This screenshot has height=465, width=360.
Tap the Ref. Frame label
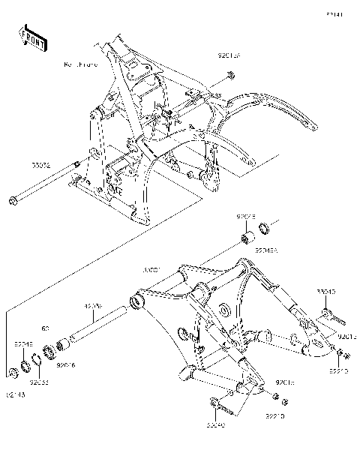[x=82, y=66]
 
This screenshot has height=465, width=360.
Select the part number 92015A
[x=229, y=55]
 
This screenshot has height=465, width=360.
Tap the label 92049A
[x=262, y=252]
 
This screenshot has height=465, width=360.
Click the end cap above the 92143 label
[x=13, y=372]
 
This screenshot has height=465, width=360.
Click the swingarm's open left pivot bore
[x=136, y=302]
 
